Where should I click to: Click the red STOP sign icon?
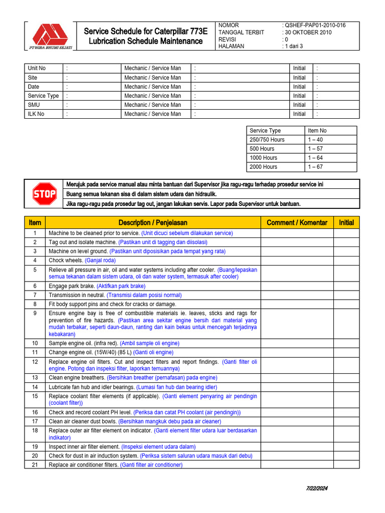(44, 194)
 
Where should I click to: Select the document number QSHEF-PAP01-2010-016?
(315, 25)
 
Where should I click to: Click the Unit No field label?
(37, 68)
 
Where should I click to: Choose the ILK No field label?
(36, 114)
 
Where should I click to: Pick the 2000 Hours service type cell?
(263, 167)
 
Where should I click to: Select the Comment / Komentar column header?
(297, 222)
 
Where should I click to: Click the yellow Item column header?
(35, 222)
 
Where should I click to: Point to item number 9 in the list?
(35, 313)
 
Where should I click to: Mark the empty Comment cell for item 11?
(297, 352)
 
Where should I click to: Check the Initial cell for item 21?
(346, 465)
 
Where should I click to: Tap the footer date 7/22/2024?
(317, 488)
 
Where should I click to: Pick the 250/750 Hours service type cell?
(267, 140)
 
